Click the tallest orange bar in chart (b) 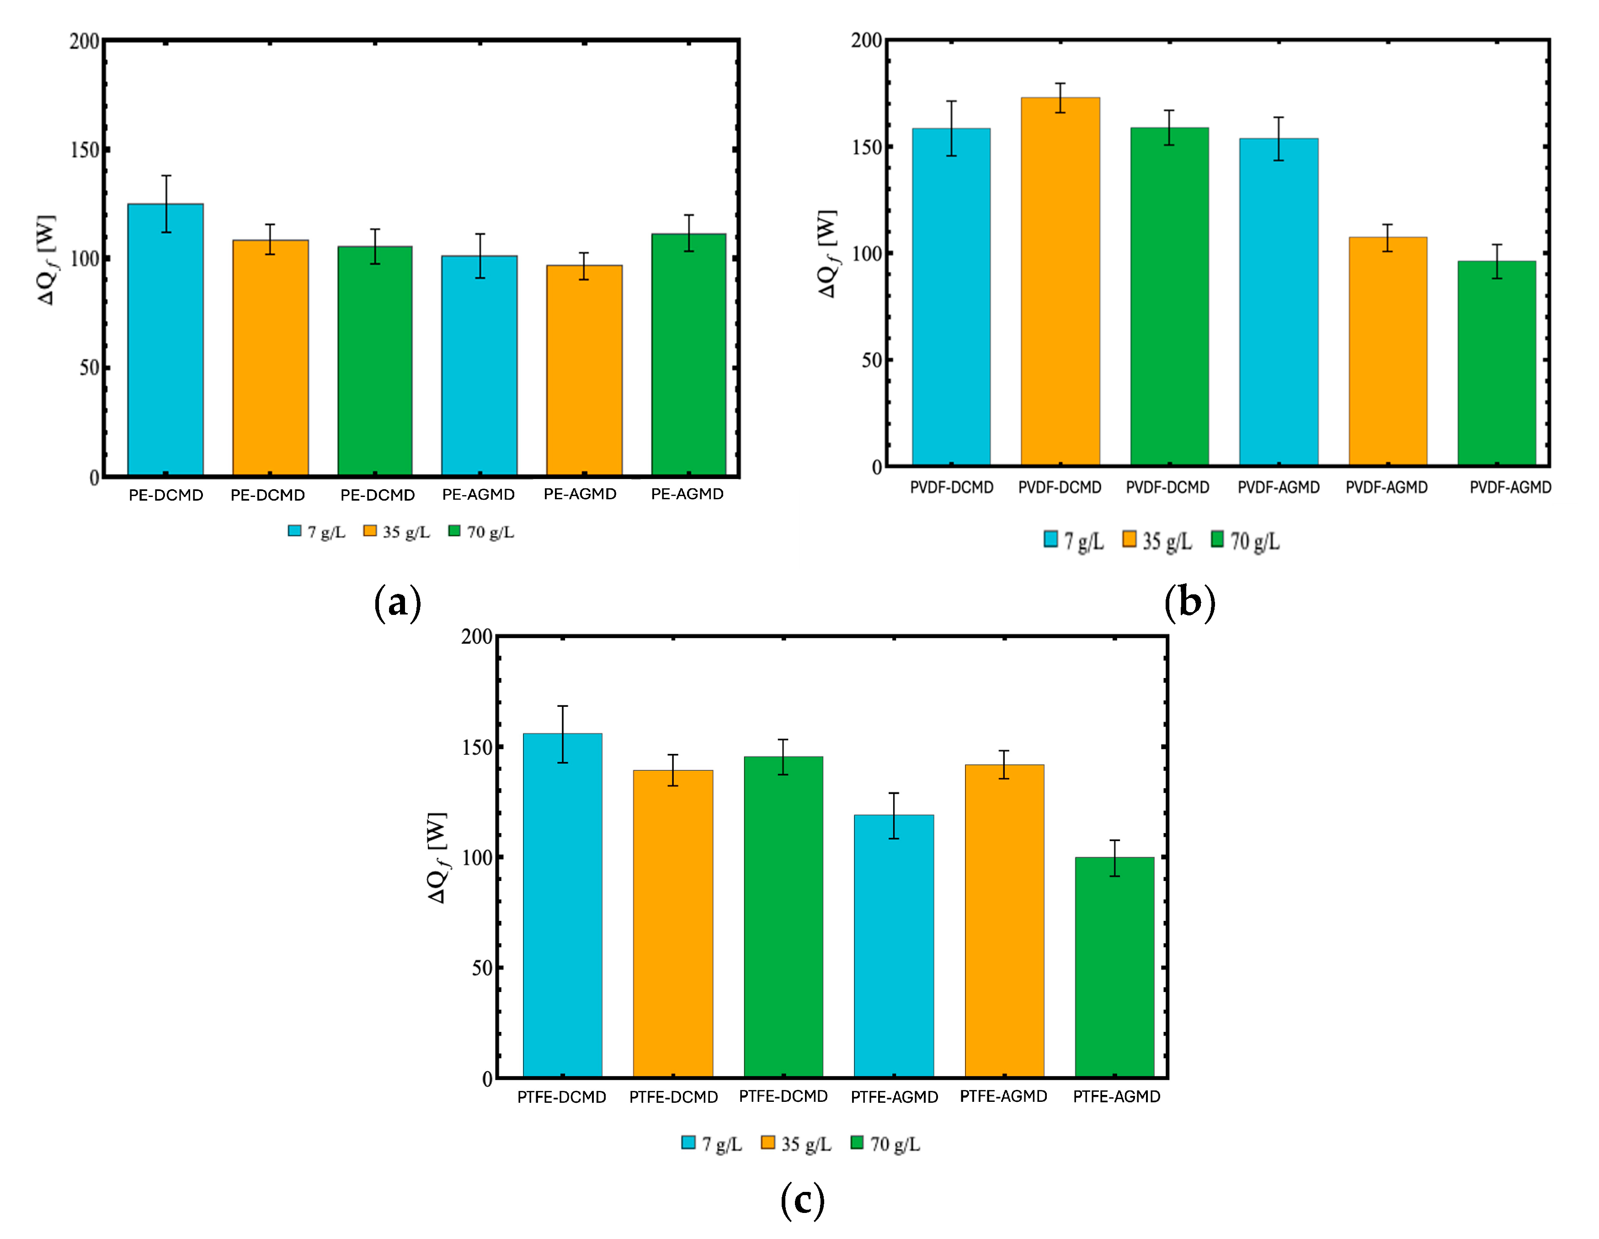tap(1060, 282)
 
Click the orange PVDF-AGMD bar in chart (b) tap(1387, 352)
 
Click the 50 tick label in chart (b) tap(871, 360)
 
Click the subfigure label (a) tap(398, 603)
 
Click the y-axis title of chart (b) tap(828, 254)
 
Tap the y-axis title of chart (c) tap(438, 858)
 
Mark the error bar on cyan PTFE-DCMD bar tap(562, 734)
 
